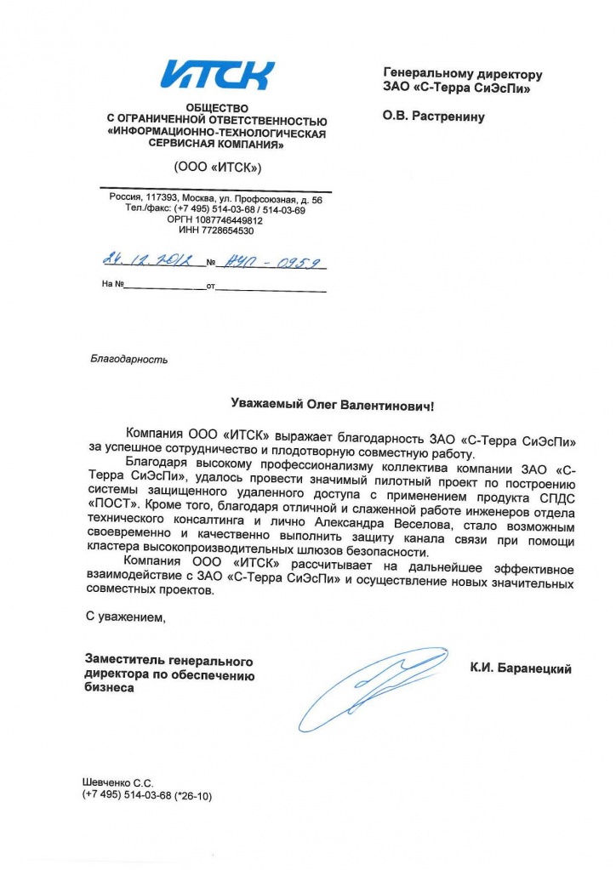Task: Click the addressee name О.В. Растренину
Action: pyautogui.click(x=434, y=117)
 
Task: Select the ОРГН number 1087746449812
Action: pyautogui.click(x=227, y=219)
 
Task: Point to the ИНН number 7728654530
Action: pyautogui.click(x=229, y=230)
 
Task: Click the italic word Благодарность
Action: pyautogui.click(x=128, y=359)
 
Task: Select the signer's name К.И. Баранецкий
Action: pyautogui.click(x=521, y=669)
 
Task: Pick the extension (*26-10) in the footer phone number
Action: pyautogui.click(x=193, y=795)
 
